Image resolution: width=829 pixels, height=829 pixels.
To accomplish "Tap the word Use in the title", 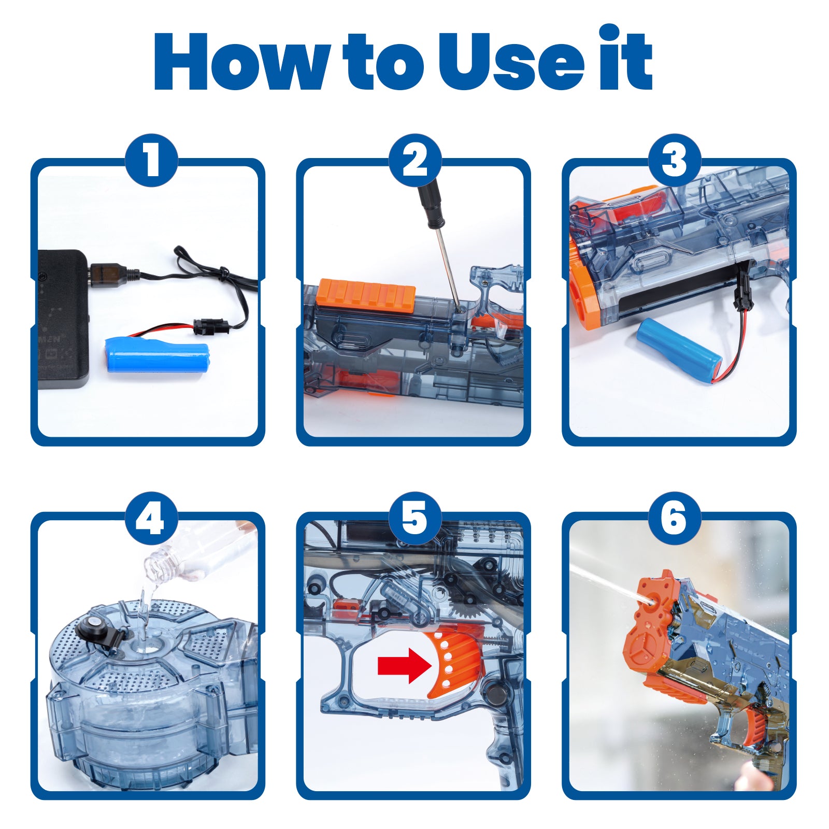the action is click(x=511, y=62).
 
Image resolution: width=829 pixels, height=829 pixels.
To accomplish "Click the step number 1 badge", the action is click(x=151, y=160).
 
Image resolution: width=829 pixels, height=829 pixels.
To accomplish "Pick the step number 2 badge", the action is click(x=414, y=160).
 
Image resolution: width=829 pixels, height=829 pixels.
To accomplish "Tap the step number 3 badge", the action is click(x=675, y=160).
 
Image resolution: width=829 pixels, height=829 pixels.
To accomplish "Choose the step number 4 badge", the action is click(x=151, y=518).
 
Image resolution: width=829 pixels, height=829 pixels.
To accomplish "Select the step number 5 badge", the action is click(x=414, y=518).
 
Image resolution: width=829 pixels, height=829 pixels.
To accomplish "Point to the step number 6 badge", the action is click(x=675, y=518).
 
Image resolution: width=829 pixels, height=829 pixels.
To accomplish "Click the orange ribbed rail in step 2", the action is click(x=366, y=295).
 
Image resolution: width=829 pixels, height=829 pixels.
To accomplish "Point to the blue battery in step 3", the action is click(x=680, y=345).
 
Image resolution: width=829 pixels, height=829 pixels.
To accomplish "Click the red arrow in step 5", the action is click(x=405, y=665).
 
